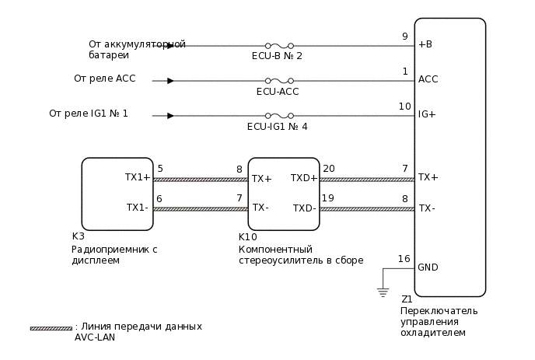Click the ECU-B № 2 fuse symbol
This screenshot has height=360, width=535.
[278, 45]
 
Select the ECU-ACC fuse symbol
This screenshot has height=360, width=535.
[278, 80]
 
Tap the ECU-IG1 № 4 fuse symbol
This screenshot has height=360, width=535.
[278, 115]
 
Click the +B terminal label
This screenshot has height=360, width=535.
[425, 44]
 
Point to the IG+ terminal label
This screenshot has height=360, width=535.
[427, 114]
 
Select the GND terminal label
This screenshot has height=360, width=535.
[428, 267]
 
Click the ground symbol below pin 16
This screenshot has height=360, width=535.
[382, 292]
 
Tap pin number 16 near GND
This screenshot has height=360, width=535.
[404, 259]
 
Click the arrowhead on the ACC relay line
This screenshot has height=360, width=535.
[170, 80]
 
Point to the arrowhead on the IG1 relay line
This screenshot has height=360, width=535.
[170, 115]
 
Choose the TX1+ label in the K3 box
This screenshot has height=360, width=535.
[138, 177]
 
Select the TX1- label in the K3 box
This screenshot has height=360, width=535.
[137, 208]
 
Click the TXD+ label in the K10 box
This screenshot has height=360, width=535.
[304, 178]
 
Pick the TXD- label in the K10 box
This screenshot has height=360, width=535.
[304, 208]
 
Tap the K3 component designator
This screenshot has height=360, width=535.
[78, 237]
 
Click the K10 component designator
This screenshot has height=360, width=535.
[247, 237]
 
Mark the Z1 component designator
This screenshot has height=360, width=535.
[407, 299]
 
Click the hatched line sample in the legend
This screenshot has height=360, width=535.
[51, 328]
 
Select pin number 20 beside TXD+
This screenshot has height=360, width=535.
[328, 169]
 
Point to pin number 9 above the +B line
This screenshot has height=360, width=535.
[404, 36]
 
